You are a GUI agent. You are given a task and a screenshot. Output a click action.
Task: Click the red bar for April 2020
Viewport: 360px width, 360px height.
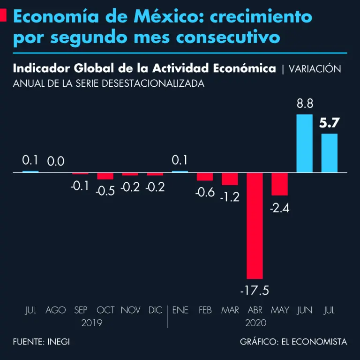click(255, 225)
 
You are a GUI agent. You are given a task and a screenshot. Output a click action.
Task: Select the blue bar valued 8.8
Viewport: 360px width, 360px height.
click(305, 143)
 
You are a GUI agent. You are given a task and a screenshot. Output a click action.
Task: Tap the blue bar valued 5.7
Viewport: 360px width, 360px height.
click(329, 153)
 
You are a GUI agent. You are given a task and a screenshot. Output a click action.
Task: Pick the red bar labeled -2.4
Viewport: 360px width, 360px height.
click(279, 184)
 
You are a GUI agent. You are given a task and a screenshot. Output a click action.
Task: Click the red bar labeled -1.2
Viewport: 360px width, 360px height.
click(230, 179)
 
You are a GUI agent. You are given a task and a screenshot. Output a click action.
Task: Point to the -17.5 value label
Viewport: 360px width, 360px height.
click(255, 291)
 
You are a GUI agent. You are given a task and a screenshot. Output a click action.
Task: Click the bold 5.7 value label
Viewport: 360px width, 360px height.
click(329, 123)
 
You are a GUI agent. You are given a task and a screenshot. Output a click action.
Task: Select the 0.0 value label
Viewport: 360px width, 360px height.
click(56, 162)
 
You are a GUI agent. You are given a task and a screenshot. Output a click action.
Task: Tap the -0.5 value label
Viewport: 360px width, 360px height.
click(105, 191)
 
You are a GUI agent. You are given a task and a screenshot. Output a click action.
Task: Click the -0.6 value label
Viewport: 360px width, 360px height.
click(205, 192)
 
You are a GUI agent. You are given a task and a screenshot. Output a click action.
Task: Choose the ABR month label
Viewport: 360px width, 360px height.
click(255, 310)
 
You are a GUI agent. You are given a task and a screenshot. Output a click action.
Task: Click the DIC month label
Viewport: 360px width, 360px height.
click(155, 310)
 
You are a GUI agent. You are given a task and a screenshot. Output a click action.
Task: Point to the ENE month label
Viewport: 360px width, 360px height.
click(180, 310)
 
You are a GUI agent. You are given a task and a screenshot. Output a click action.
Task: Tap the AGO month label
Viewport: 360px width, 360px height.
click(56, 310)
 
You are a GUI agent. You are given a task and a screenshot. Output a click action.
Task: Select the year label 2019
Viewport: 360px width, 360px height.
click(92, 323)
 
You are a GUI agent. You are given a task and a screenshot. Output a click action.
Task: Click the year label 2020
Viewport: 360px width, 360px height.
click(256, 323)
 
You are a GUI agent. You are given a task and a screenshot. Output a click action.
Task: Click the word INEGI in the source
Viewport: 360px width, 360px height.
click(59, 342)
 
